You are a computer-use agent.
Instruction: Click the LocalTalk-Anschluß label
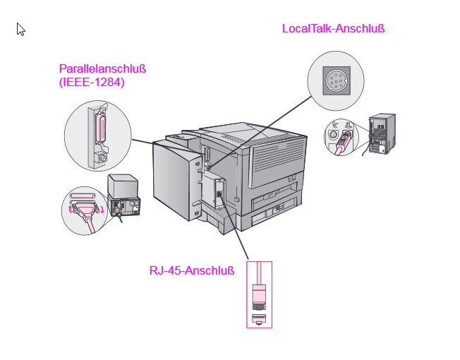click(x=333, y=29)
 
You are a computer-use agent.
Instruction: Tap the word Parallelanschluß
click(x=103, y=69)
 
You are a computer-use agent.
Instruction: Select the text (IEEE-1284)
click(x=92, y=82)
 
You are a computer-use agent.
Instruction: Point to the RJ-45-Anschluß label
click(x=192, y=270)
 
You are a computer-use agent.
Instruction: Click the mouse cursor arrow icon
click(x=20, y=30)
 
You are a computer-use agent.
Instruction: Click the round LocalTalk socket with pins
click(x=337, y=80)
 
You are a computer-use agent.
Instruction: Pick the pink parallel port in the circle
click(x=101, y=128)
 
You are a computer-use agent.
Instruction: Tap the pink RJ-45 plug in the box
click(x=259, y=296)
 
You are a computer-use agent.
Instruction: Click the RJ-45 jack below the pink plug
click(x=259, y=319)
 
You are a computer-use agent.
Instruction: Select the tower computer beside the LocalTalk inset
click(x=382, y=133)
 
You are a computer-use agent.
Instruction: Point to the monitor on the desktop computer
click(x=123, y=186)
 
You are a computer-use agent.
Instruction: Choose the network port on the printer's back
click(x=219, y=194)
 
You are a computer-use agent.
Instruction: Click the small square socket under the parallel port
click(x=102, y=158)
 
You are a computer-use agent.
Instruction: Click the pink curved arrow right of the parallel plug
click(x=102, y=210)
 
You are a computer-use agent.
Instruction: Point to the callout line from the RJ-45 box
click(x=234, y=229)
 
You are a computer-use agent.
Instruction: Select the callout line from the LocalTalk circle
click(x=260, y=132)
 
